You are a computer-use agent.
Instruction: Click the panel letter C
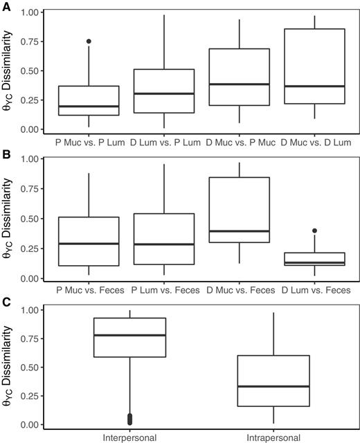coord(5,302)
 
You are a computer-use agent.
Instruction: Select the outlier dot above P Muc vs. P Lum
coord(88,42)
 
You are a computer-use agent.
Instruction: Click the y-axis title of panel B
coord(8,219)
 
